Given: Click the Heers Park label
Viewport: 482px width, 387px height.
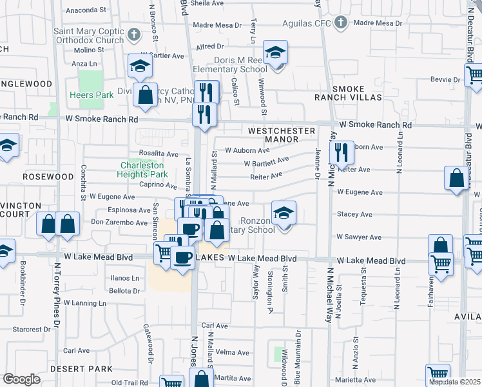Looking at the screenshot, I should click(92, 95).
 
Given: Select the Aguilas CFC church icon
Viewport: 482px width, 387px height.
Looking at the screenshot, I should click(341, 23).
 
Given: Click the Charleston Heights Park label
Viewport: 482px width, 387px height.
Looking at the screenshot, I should click(143, 169).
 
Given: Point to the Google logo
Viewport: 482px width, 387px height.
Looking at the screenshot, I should click(21, 379).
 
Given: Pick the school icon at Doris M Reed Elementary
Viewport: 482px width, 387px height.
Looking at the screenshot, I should click(276, 53).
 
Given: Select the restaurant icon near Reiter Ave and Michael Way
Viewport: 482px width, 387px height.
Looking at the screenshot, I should click(342, 153).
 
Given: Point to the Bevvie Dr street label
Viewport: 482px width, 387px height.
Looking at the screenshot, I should click(445, 80).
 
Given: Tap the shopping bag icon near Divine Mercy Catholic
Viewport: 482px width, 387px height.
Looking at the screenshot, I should click(146, 95).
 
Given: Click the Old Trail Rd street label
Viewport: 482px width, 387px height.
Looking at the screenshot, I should click(130, 382).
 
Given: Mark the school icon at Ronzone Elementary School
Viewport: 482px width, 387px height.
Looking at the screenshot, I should click(283, 213).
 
